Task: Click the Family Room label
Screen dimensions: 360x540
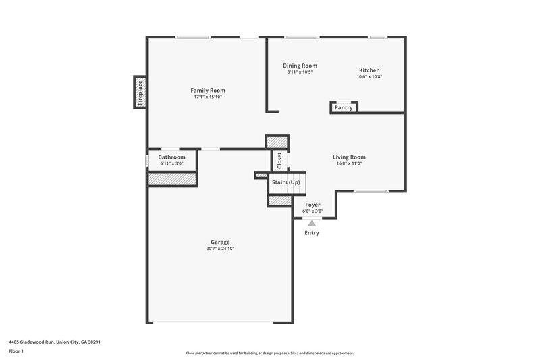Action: [207, 90]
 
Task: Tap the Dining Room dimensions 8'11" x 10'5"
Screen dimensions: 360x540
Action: [300, 72]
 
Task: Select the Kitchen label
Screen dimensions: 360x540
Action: [369, 70]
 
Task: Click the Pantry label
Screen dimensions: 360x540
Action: [344, 107]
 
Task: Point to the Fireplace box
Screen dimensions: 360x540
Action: [140, 91]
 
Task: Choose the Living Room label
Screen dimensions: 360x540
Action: [349, 157]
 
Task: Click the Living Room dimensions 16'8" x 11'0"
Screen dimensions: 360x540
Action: [349, 163]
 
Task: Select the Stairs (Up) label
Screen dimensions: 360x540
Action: [286, 183]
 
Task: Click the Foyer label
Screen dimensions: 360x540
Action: [312, 205]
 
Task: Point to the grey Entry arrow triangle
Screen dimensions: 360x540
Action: [312, 223]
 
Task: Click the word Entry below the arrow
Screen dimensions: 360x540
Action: [312, 233]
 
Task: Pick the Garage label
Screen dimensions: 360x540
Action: [220, 242]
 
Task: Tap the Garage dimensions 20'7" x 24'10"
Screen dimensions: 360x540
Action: [220, 249]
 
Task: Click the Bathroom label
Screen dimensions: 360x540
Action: [171, 157]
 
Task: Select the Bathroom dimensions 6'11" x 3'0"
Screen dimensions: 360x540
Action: [171, 163]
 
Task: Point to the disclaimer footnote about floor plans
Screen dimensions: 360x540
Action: [269, 353]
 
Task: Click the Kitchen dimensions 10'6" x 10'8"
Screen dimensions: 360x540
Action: [369, 76]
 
